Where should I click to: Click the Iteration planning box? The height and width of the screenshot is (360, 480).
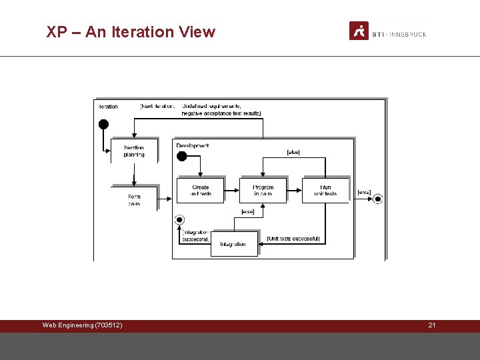pos(134,151)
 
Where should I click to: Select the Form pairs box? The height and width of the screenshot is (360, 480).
pos(134,199)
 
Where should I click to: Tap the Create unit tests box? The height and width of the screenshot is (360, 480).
pos(200,190)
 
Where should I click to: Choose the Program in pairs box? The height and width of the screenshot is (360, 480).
pos(263,190)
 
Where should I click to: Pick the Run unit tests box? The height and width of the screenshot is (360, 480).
pos(325,190)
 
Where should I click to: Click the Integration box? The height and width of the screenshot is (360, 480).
pos(233,244)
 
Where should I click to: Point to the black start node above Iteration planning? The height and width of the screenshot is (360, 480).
pos(103,124)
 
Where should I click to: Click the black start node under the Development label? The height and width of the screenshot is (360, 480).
pos(181,157)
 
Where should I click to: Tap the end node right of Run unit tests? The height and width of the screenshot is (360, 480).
pos(378,198)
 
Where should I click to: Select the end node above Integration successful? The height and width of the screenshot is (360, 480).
pos(179,219)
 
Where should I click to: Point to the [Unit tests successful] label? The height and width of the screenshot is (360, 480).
pos(293,238)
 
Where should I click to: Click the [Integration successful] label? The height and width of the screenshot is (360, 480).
pos(195,235)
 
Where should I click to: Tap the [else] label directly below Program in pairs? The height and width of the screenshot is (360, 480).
pos(247,212)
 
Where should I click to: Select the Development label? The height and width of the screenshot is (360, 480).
pos(193,145)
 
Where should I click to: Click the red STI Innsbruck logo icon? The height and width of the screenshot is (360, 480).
pos(359,31)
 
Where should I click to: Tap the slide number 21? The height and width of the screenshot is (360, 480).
pos(431,325)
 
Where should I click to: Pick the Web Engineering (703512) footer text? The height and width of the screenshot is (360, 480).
pos(82,325)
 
